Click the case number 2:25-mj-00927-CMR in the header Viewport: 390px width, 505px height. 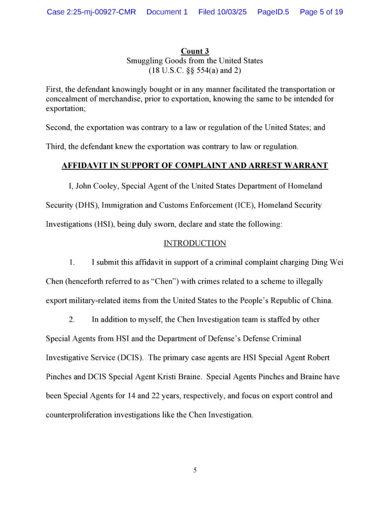[91, 12]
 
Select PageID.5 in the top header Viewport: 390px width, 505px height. [273, 12]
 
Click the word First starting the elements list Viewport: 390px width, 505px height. [54, 89]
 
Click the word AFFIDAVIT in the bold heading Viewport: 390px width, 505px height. [82, 166]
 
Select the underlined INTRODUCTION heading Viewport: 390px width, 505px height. [195, 243]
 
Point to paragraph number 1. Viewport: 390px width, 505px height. [71, 262]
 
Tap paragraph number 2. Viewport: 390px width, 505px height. [71, 320]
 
